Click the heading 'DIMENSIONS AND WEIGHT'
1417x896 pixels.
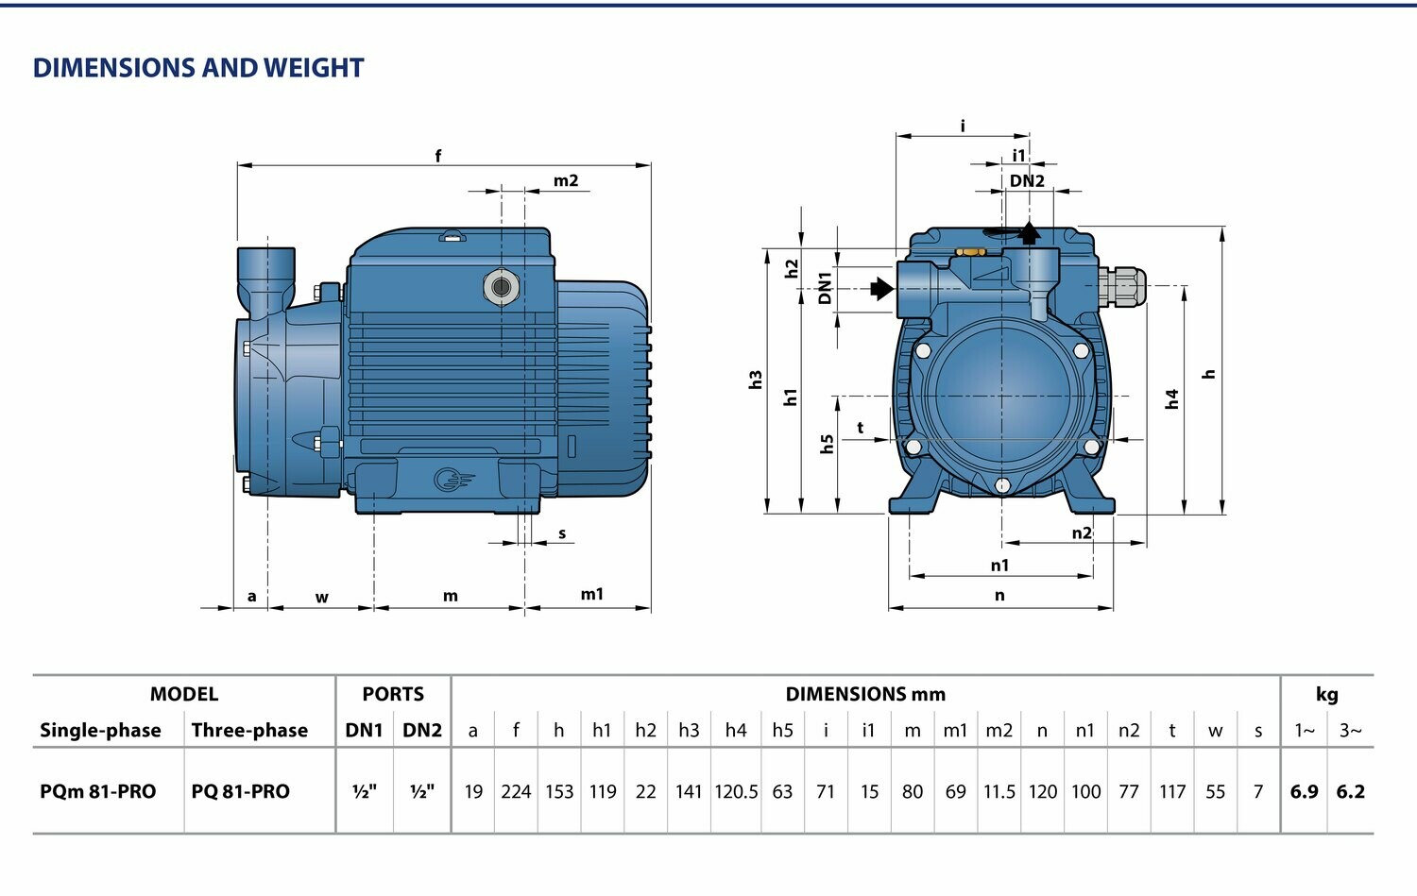pos(198,68)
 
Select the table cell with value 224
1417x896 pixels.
pos(516,791)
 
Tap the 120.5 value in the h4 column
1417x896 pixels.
pos(736,791)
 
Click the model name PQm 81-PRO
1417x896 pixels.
pos(97,791)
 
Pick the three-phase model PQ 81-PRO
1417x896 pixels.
pos(240,791)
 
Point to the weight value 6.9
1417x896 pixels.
pos(1304,791)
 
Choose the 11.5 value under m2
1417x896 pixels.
pos(999,791)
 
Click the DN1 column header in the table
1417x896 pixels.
pos(364,731)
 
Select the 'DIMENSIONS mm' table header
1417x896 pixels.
pos(865,694)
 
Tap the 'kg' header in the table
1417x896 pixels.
pos(1326,695)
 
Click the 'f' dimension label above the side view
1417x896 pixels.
pos(437,156)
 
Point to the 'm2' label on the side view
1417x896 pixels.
pos(566,181)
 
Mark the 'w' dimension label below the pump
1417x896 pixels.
pos(321,598)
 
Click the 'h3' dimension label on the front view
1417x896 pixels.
pos(756,380)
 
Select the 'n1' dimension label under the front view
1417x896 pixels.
pos(999,565)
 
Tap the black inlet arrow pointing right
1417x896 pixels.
pos(881,289)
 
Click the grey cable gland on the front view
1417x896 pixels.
pos(1121,286)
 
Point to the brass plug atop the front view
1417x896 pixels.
pos(969,252)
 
